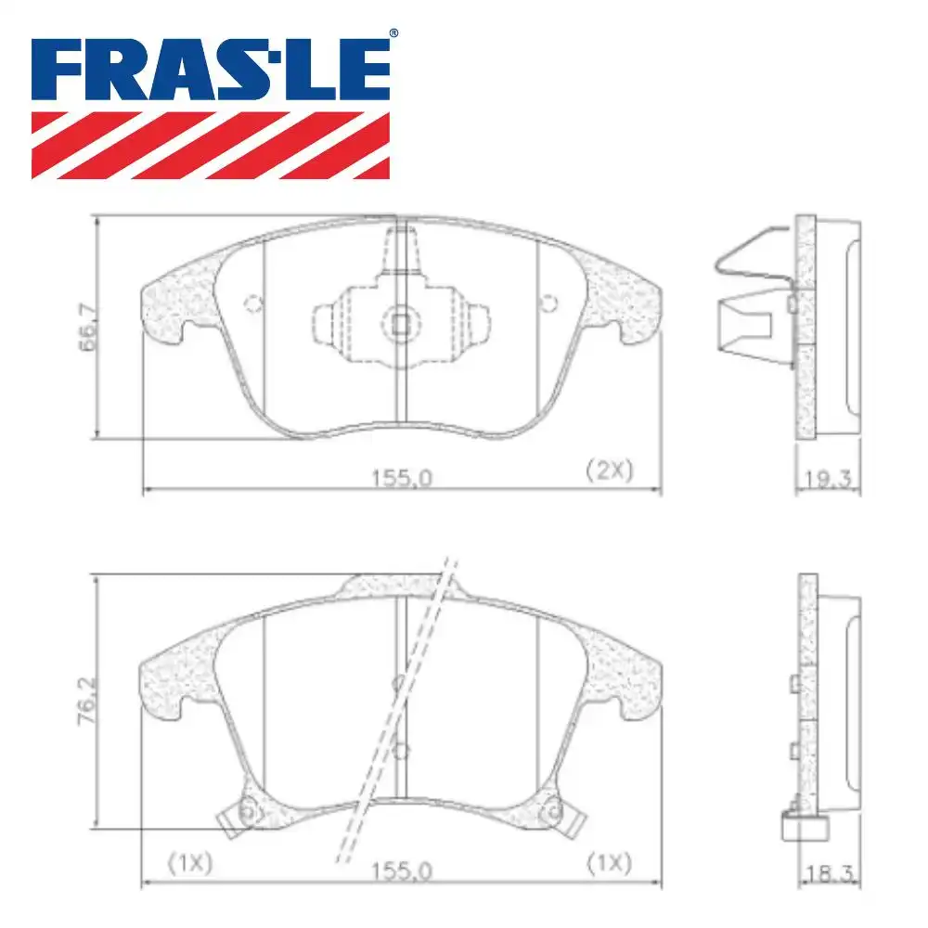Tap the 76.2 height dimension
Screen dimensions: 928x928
(x=87, y=702)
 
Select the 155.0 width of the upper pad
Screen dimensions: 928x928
(x=402, y=478)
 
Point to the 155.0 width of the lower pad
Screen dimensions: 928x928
(x=402, y=871)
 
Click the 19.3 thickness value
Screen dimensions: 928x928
(x=828, y=478)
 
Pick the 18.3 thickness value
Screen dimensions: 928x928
(x=830, y=873)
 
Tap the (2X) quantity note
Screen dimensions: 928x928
(x=610, y=470)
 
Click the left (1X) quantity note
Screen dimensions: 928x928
(x=190, y=863)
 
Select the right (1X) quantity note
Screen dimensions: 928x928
(x=610, y=863)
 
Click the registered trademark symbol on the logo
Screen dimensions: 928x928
(x=393, y=33)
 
